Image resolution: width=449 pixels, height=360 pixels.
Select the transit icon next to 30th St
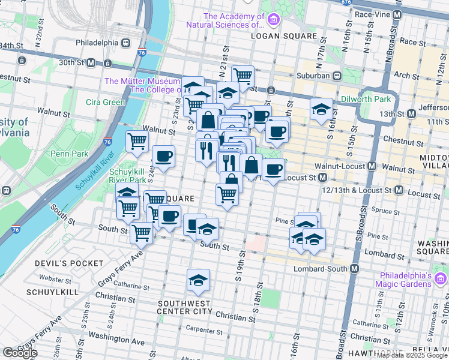[x=91, y=62]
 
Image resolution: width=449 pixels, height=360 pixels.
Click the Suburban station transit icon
[x=337, y=76]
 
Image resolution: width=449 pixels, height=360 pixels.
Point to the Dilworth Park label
[x=366, y=99]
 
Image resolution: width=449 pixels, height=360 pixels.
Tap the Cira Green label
[x=105, y=102]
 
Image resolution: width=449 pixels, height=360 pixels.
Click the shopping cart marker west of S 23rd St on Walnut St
[x=137, y=142]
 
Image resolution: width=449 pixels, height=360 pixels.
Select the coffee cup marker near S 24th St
[x=164, y=157]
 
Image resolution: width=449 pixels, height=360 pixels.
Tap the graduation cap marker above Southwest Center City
[x=197, y=280]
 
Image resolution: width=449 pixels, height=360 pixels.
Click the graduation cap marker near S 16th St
[x=322, y=109]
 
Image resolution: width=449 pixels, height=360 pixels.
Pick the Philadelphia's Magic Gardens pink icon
[x=441, y=279]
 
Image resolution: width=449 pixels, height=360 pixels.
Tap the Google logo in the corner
[x=20, y=353]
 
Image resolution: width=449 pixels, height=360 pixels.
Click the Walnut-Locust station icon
[x=372, y=166]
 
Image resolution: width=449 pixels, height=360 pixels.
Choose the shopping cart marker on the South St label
[x=142, y=232]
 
